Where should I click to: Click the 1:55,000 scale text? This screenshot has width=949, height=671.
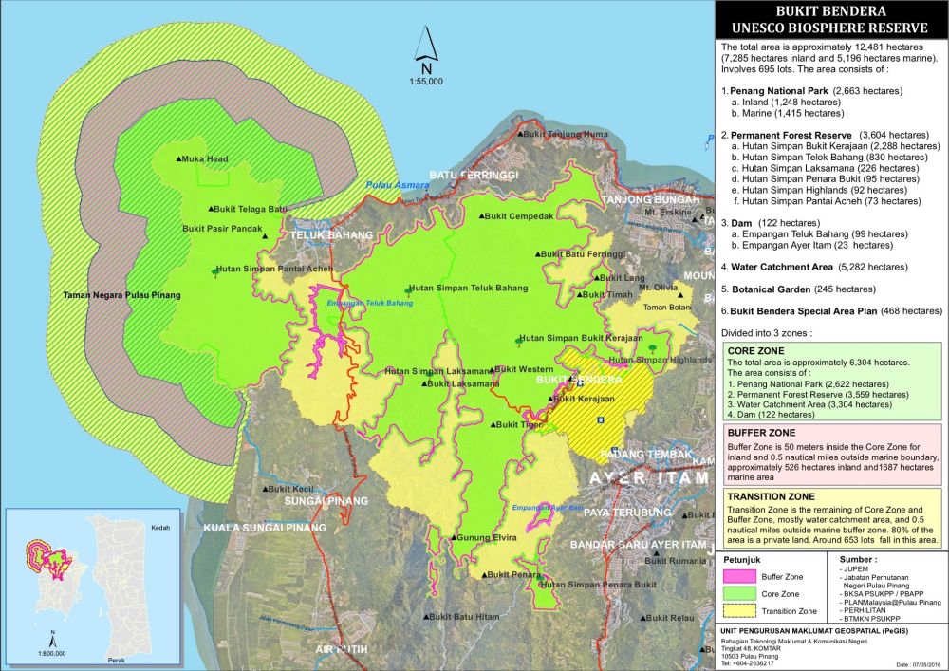click(x=427, y=82)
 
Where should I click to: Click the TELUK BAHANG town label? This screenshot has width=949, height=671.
click(x=321, y=234)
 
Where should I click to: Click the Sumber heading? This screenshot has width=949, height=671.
click(x=859, y=561)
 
